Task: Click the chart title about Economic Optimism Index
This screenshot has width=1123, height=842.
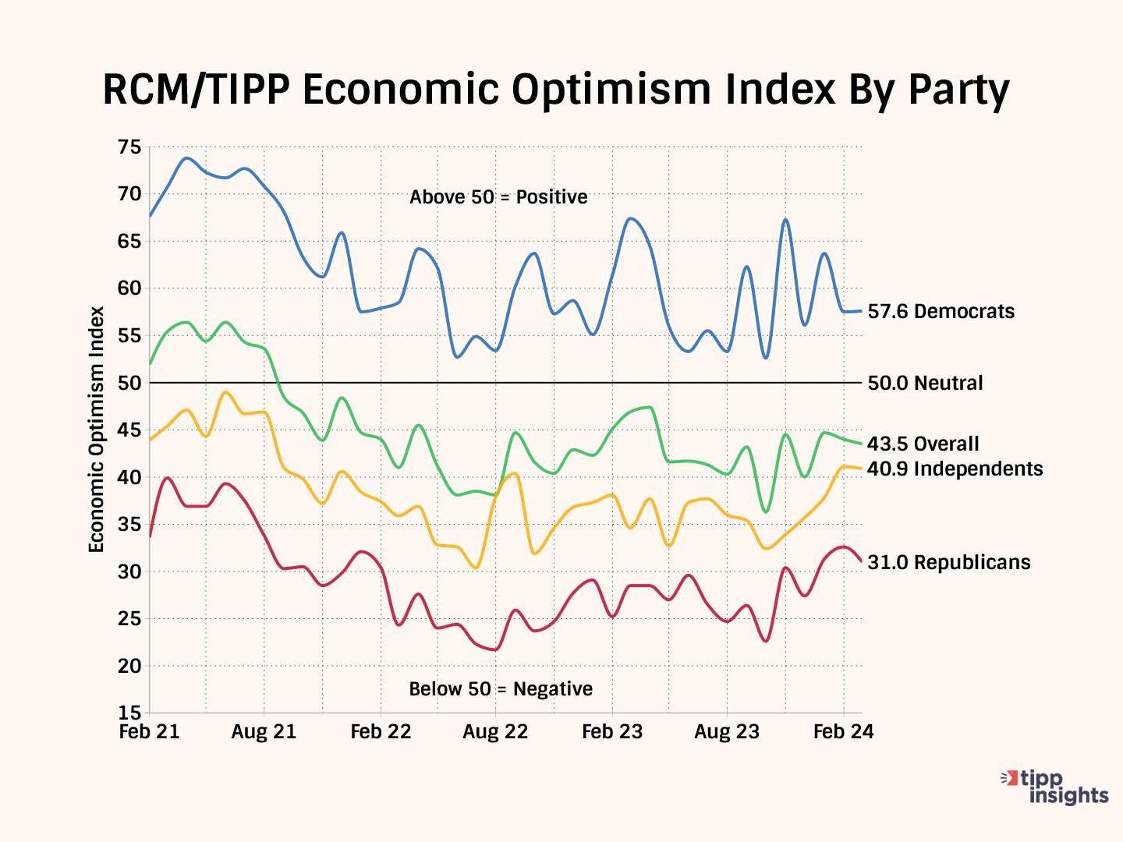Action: click(x=556, y=90)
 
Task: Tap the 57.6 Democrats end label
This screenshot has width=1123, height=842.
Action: click(x=941, y=312)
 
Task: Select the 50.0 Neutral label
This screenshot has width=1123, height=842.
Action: click(x=925, y=383)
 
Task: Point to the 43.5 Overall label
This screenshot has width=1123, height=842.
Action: click(x=923, y=444)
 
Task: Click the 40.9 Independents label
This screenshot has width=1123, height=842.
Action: click(x=955, y=469)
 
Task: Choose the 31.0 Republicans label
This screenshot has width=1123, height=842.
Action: click(x=948, y=562)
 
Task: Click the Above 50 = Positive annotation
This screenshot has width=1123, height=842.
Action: click(x=498, y=197)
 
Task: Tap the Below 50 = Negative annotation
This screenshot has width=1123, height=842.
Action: click(x=501, y=689)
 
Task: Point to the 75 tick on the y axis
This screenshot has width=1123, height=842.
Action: click(x=129, y=147)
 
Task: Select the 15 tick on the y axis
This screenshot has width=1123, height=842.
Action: click(x=129, y=713)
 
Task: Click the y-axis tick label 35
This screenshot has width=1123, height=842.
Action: click(x=129, y=524)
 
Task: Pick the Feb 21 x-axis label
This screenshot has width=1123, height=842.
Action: click(x=149, y=732)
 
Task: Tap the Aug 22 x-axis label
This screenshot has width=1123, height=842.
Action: click(x=495, y=732)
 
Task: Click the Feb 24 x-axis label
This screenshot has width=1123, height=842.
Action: click(x=843, y=732)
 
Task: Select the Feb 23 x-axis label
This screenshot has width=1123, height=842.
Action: click(x=612, y=732)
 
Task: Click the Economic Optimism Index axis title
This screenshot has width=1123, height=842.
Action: click(x=96, y=430)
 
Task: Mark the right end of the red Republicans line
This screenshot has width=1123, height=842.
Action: click(x=861, y=561)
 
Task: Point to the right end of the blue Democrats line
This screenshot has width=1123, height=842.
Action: click(x=861, y=311)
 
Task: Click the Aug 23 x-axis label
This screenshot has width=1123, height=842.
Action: click(x=727, y=732)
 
